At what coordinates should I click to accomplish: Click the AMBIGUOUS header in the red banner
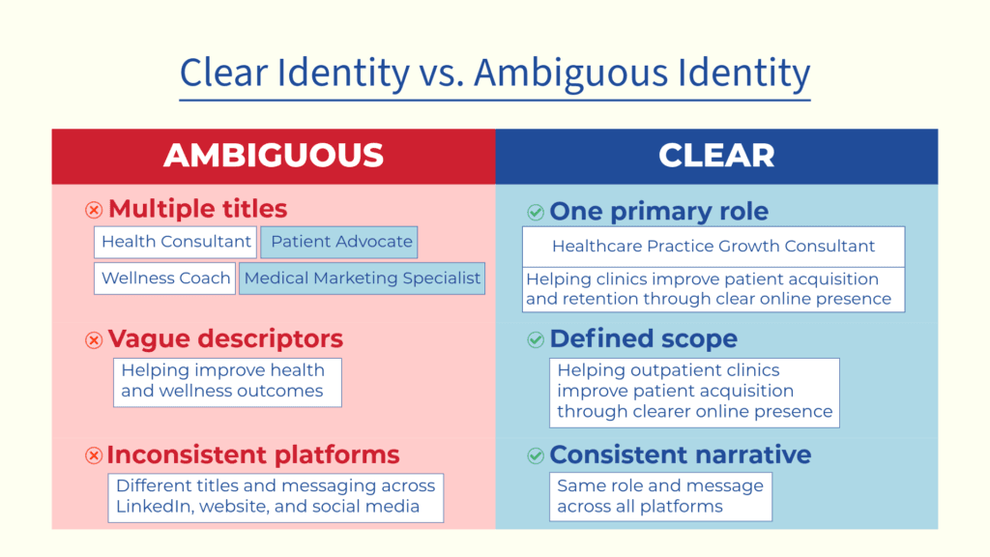[x=274, y=156]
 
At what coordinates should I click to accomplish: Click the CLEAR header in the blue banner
[x=716, y=156]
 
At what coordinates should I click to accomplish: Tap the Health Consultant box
[x=176, y=242]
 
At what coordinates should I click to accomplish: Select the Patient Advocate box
[x=341, y=242]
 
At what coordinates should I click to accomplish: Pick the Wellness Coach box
[x=165, y=278]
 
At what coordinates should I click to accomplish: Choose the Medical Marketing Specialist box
[x=362, y=278]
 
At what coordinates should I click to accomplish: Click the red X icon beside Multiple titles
[x=94, y=210]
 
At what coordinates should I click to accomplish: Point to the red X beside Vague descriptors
[x=94, y=340]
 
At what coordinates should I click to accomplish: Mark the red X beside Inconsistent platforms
[x=94, y=455]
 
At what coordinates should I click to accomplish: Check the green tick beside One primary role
[x=535, y=212]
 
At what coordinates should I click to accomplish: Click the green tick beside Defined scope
[x=535, y=340]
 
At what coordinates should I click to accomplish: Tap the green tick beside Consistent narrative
[x=535, y=455]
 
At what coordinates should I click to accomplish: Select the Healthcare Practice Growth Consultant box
[x=713, y=247]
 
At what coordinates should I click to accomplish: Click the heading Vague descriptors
[x=225, y=339]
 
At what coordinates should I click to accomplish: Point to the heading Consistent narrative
[x=681, y=454]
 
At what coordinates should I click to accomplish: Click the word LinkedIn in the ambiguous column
[x=152, y=507]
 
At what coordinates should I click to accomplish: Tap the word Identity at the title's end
[x=740, y=73]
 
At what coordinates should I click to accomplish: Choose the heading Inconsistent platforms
[x=253, y=454]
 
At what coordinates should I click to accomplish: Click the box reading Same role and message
[x=660, y=496]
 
